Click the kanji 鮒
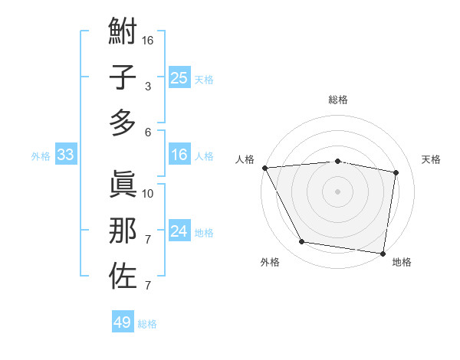point(123,33)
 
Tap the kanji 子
point(123,77)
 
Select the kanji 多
point(123,123)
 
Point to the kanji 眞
point(123,185)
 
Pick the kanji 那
point(123,230)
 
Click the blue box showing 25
point(179,78)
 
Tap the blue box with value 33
point(65,155)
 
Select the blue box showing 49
point(122,322)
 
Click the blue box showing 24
point(179,231)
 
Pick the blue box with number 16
point(179,155)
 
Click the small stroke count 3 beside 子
point(147,87)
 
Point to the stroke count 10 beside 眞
point(148,193)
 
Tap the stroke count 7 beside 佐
point(147,286)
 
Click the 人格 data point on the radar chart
point(264,168)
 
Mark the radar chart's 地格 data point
point(383,253)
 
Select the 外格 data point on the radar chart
point(302,242)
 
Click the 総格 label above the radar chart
point(338,100)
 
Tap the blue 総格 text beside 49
point(147,324)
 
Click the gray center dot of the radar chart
point(338,191)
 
